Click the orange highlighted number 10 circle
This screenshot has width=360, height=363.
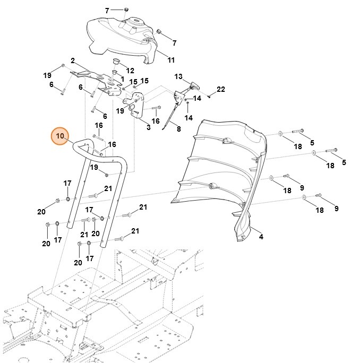coord(60,136)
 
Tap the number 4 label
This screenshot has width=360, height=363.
coord(261,237)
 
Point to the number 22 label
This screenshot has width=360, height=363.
coord(221,89)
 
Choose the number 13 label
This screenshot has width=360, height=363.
coord(178,76)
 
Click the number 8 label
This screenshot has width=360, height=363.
coord(178,128)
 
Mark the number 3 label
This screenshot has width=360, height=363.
coord(148,127)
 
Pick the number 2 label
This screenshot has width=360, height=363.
coord(72,60)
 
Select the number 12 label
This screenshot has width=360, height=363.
coord(130,70)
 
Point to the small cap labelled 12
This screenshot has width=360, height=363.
coord(114,64)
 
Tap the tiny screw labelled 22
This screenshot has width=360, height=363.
coord(210,96)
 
